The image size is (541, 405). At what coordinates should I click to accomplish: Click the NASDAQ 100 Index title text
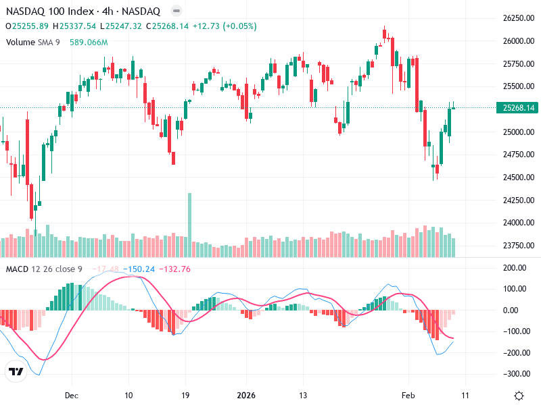[49, 11]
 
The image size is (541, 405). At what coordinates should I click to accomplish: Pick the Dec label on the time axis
[72, 396]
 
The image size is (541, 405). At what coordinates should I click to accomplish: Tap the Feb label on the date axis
[407, 396]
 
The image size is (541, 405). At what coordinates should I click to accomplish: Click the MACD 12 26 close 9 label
[44, 269]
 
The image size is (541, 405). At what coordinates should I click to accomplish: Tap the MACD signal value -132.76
[175, 269]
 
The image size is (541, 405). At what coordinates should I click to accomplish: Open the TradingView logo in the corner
[16, 371]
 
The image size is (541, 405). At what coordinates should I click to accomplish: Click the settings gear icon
[519, 396]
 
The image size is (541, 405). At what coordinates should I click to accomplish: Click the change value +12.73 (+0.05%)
[215, 26]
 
